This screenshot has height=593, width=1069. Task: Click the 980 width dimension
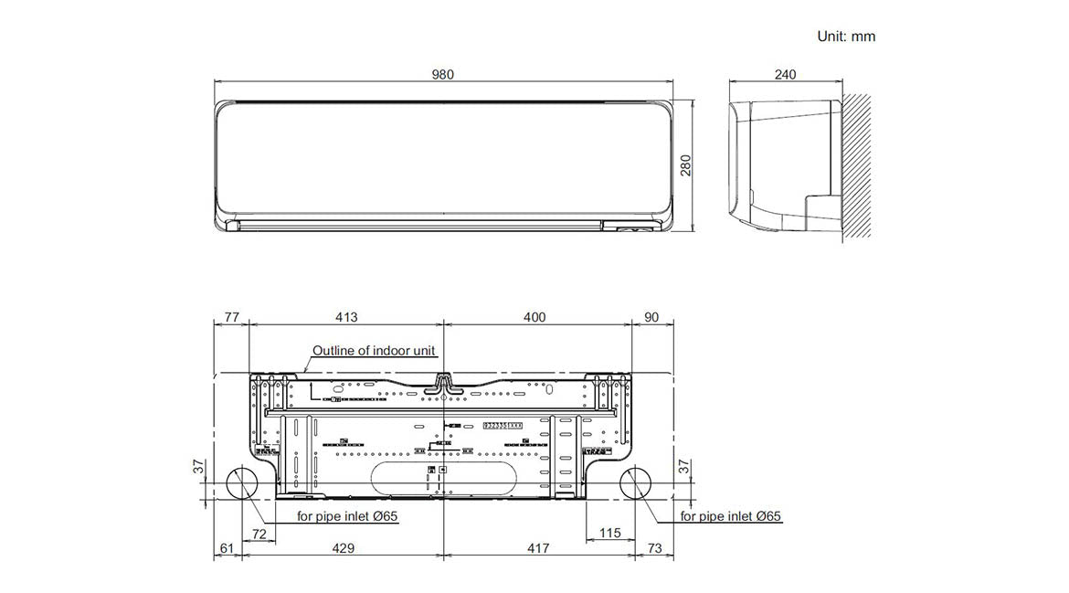[443, 74]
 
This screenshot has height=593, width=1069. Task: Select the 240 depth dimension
[785, 74]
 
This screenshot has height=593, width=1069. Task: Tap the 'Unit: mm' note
[845, 37]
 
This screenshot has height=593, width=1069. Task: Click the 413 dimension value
[345, 317]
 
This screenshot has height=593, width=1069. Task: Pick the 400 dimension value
[534, 317]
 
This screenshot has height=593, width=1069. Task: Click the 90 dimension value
[651, 317]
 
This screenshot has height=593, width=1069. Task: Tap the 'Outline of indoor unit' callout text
[375, 350]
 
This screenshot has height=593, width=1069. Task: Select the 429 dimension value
[344, 548]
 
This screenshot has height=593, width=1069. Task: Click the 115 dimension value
[610, 532]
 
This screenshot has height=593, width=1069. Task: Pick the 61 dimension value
[228, 548]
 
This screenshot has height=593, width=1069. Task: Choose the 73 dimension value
[654, 548]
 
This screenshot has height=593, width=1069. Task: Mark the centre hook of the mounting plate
[443, 383]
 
